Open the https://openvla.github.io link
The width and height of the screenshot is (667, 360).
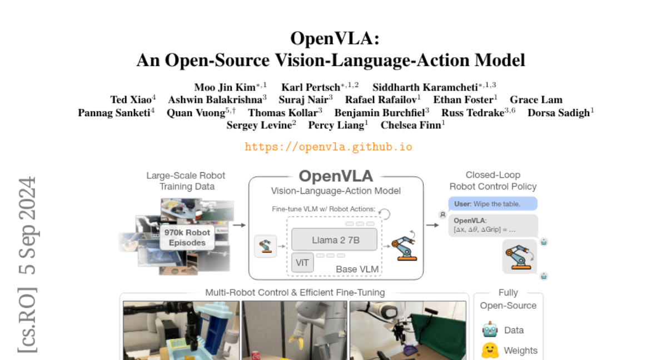click(328, 147)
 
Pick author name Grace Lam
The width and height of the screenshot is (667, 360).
click(536, 100)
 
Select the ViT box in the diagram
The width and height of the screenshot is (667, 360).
click(302, 262)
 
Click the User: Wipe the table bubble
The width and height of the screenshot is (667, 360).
click(492, 204)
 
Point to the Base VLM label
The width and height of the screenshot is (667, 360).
click(357, 269)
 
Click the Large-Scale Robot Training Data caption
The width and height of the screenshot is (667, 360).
click(187, 181)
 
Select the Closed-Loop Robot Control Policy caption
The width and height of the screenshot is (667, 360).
click(493, 181)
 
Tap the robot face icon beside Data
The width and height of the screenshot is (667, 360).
click(490, 330)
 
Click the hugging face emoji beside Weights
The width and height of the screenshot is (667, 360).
click(490, 351)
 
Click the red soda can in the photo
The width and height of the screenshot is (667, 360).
click(256, 355)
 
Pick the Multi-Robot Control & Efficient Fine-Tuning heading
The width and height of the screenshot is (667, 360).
click(295, 293)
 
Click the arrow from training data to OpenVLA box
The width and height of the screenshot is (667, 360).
click(239, 225)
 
